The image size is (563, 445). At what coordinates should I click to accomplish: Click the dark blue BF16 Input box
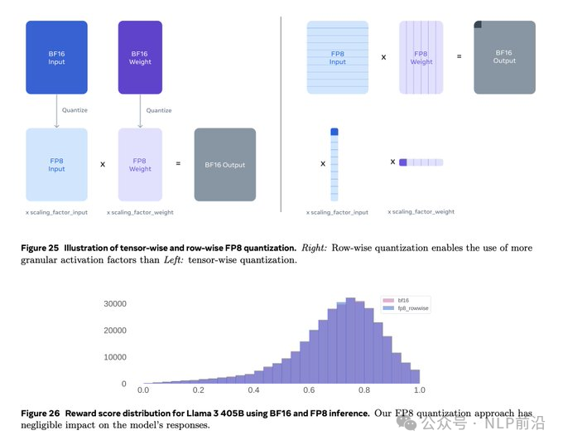(x=56, y=56)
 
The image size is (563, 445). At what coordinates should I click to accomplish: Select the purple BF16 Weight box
(x=140, y=56)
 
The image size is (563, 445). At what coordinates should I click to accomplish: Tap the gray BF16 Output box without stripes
(x=224, y=164)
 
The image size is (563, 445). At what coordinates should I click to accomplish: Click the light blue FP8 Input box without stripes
(x=56, y=164)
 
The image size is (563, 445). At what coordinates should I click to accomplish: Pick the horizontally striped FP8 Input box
(x=338, y=57)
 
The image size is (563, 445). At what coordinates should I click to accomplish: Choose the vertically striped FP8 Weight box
(x=421, y=57)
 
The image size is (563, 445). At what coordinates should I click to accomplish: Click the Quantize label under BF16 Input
(x=75, y=110)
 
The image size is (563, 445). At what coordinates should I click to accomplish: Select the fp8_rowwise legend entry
(x=411, y=308)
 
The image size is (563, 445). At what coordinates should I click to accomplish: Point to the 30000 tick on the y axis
(x=113, y=303)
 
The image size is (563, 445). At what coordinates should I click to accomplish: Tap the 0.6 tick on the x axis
(x=309, y=390)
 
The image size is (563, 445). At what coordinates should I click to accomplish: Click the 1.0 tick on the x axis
(x=420, y=390)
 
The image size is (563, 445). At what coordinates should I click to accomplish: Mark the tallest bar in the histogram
(x=350, y=340)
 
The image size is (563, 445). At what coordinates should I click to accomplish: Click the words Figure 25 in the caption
(x=41, y=248)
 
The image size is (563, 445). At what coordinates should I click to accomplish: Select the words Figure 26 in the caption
(x=41, y=413)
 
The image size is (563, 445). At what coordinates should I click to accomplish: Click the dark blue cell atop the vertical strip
(x=334, y=131)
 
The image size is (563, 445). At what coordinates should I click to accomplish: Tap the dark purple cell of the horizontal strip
(x=403, y=162)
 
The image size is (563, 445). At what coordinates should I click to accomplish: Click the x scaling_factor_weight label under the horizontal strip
(x=421, y=211)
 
